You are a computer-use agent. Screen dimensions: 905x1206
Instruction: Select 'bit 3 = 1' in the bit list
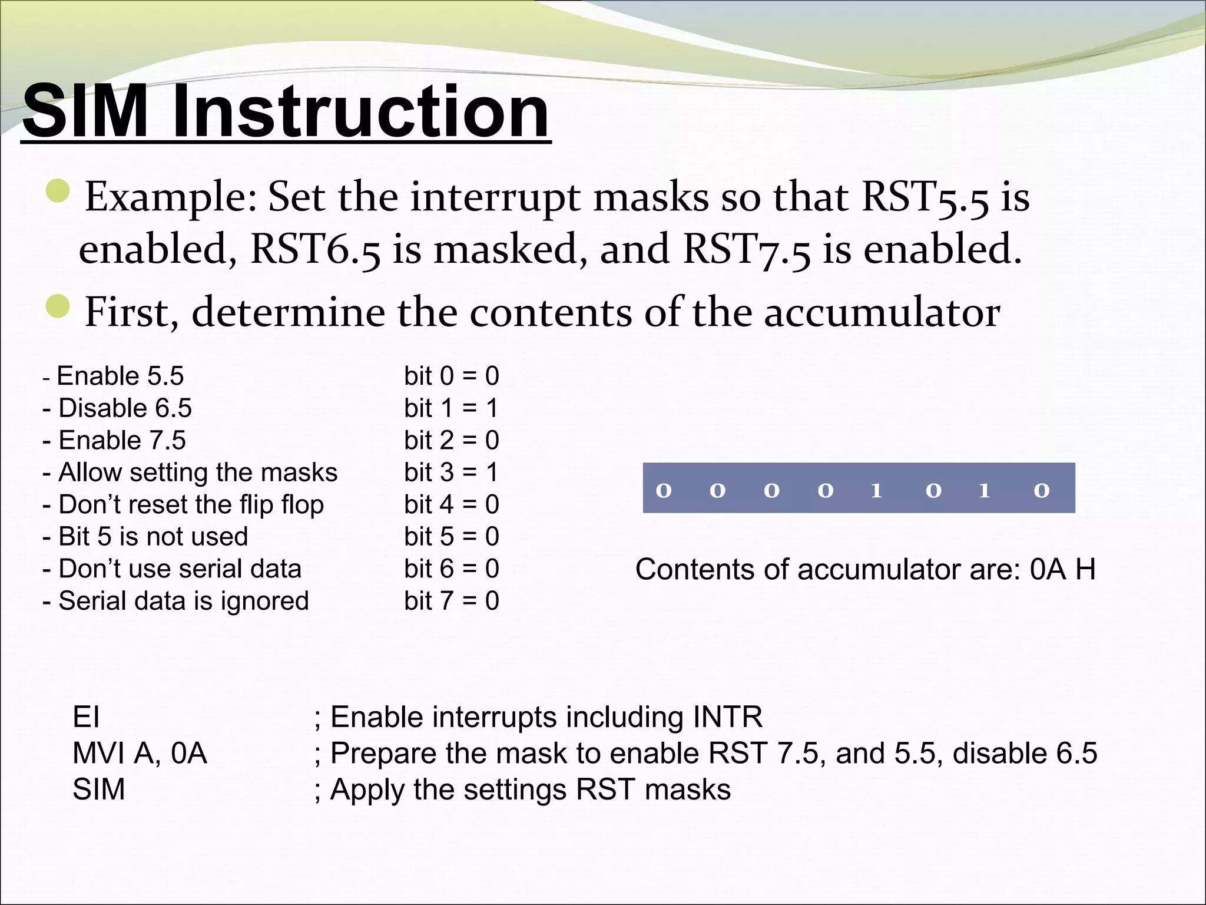[451, 473]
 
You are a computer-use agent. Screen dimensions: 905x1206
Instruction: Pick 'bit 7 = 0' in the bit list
[451, 601]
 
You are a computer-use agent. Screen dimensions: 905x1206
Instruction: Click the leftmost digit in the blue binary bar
[664, 490]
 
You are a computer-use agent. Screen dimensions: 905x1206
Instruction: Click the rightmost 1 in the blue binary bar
[984, 490]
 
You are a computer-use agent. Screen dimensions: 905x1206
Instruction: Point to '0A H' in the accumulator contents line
[1062, 570]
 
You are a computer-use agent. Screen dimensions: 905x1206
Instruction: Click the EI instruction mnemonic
[86, 718]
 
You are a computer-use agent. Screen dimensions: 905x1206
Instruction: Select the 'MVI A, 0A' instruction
[140, 754]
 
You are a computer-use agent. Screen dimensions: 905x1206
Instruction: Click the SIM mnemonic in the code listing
[98, 790]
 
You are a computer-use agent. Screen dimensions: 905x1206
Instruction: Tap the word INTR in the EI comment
[727, 718]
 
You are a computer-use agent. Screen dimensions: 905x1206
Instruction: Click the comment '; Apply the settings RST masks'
[522, 790]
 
